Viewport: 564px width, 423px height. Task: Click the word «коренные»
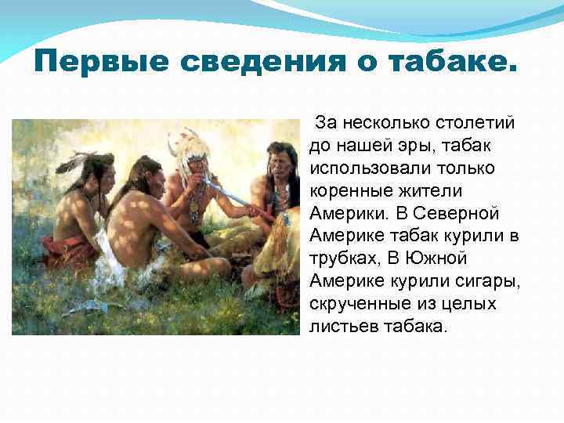(345, 191)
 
